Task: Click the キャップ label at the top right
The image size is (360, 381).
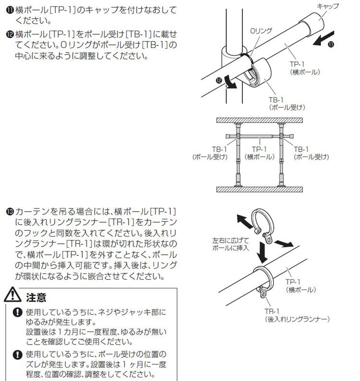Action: click(x=328, y=6)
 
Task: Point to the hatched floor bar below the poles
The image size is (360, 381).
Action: click(x=259, y=190)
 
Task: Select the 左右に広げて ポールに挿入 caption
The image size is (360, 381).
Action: click(x=229, y=244)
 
